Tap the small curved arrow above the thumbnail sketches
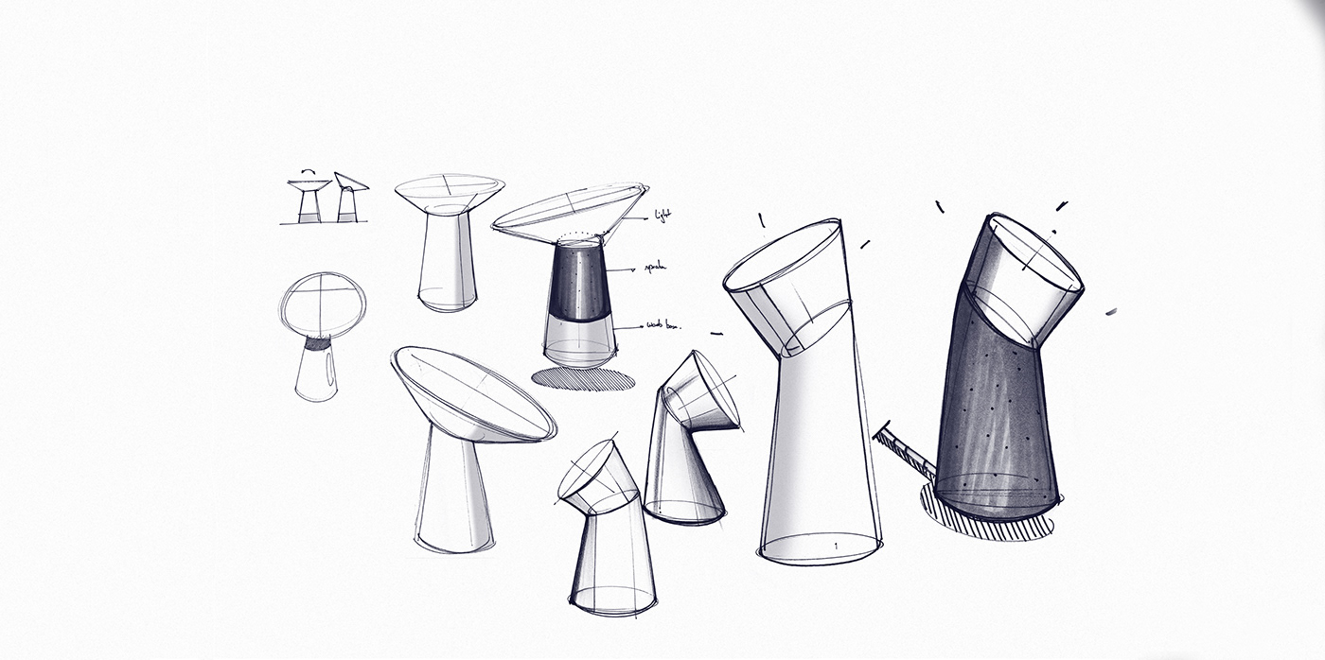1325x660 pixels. coord(309,171)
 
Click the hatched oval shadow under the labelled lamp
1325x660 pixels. coord(582,379)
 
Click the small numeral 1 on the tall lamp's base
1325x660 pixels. coord(836,546)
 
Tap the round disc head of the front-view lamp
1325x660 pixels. coord(323,304)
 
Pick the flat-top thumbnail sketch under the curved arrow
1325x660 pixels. coord(309,200)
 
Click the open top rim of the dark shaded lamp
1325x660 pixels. coord(1034,252)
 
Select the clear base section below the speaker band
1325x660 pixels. coord(579,339)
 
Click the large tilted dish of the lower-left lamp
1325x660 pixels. coord(473,394)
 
